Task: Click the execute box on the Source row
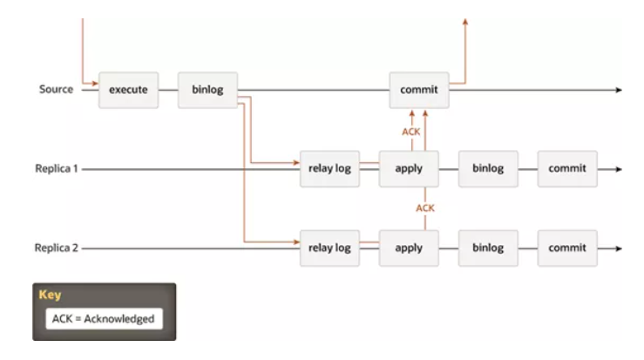click(x=128, y=90)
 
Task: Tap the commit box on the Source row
click(x=419, y=90)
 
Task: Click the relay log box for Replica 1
click(x=329, y=168)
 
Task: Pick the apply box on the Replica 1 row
click(x=409, y=168)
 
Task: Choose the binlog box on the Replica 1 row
click(x=488, y=168)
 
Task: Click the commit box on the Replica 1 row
click(x=567, y=168)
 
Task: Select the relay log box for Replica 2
click(x=329, y=248)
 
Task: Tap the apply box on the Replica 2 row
click(x=409, y=248)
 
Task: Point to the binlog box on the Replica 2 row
click(x=488, y=248)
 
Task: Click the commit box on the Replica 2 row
click(x=567, y=248)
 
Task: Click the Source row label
click(x=57, y=90)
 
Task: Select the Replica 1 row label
click(x=54, y=168)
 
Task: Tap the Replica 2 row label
click(x=54, y=248)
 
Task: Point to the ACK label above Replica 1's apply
click(x=410, y=131)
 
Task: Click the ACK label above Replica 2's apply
click(x=424, y=208)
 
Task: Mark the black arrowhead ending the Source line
click(x=620, y=90)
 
